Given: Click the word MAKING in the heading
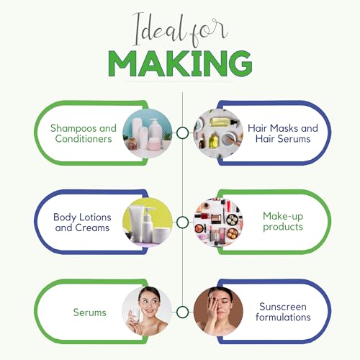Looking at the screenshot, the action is point(180,63).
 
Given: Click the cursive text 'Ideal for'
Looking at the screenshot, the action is point(180,30).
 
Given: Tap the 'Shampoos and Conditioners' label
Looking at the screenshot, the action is point(84,133).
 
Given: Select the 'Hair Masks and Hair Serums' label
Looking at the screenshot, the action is point(283,133).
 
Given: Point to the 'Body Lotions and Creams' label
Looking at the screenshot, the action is point(82,222).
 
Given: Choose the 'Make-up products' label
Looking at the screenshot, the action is point(283,221).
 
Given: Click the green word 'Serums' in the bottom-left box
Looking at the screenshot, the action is point(89,312).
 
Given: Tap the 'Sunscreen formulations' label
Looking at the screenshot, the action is point(283,312).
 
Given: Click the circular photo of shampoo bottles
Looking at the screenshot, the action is point(148,133).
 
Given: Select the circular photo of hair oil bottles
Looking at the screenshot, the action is point(218,133).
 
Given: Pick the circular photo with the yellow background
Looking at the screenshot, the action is point(148,222).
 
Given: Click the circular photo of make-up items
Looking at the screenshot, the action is point(218,222).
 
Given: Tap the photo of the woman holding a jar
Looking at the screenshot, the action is point(147,312).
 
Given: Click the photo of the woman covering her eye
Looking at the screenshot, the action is point(218,312).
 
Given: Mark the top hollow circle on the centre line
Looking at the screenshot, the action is point(182,132).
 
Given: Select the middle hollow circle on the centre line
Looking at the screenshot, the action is point(182,222).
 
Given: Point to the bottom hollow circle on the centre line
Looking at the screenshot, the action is point(182,312).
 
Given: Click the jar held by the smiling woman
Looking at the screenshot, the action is point(135,315).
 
